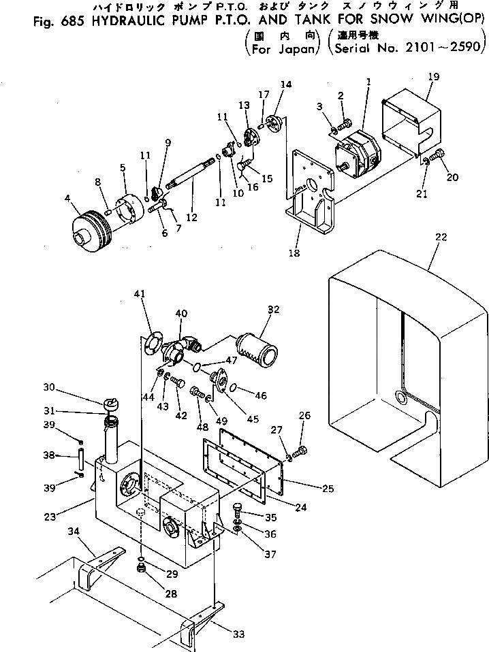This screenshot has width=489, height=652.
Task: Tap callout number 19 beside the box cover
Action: coord(433,77)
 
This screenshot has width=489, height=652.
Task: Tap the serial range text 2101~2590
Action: coord(443,49)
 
